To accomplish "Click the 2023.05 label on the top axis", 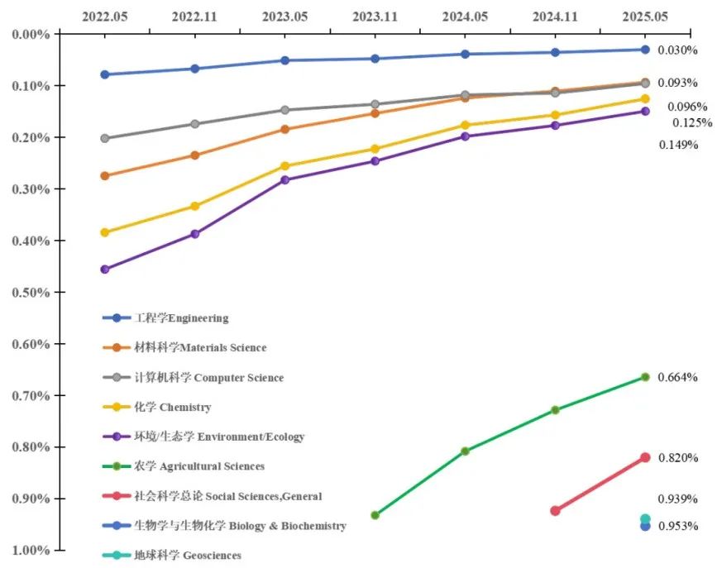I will [x=284, y=15].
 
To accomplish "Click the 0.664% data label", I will [x=677, y=378].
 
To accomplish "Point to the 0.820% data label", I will [x=677, y=458].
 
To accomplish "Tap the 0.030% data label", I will [x=677, y=50].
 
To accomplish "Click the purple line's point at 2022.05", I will [x=105, y=270].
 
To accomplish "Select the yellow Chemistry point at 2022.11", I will [x=195, y=206].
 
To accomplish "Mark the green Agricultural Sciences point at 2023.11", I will [x=375, y=515].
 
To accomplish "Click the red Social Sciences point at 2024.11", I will [x=555, y=511].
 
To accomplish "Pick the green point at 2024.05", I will [x=465, y=451].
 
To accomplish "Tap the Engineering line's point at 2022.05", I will [x=105, y=74].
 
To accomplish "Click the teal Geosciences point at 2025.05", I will [x=645, y=519].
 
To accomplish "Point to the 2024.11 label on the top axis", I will [x=555, y=15].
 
